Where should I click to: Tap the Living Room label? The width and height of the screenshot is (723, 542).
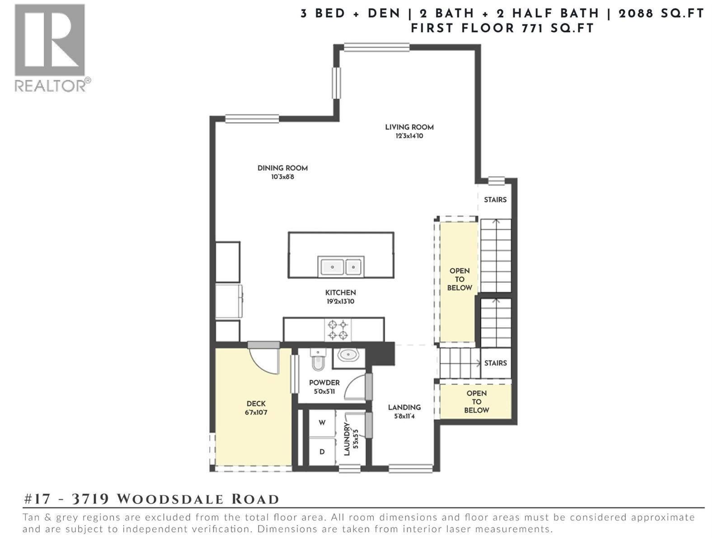409,127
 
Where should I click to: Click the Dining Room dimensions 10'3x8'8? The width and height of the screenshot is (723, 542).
282,177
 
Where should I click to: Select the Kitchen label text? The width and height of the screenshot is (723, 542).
340,293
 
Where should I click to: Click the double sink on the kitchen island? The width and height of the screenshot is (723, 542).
341,267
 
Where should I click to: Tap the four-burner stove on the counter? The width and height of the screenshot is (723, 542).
338,330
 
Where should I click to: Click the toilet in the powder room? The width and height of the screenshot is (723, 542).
318,360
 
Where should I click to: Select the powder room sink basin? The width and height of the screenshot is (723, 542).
348,355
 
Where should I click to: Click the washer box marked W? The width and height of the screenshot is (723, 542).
322,423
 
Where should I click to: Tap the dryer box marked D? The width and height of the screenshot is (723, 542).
322,452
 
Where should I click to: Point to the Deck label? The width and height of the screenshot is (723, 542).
256,404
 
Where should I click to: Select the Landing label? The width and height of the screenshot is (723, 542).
404,407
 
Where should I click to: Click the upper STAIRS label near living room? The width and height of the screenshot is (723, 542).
495,200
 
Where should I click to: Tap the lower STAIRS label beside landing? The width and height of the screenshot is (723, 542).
495,363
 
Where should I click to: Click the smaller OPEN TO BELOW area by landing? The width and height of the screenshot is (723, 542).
476,402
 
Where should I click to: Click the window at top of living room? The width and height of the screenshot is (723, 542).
376,47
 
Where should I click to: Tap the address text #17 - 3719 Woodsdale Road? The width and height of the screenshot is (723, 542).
151,499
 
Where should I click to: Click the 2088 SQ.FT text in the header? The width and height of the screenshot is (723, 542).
661,14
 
